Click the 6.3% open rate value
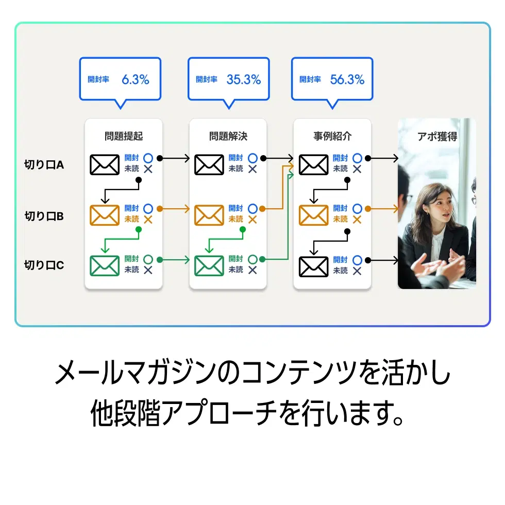(x=135, y=79)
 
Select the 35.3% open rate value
(x=243, y=79)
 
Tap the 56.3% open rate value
(x=347, y=79)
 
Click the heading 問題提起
(x=124, y=137)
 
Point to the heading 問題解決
(x=228, y=137)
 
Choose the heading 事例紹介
(x=332, y=137)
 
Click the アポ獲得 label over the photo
(x=437, y=137)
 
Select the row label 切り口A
(x=44, y=165)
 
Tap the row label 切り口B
(x=44, y=216)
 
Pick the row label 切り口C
(x=44, y=265)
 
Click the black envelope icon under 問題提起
(x=105, y=164)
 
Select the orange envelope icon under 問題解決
(x=209, y=215)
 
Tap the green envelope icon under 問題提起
(x=105, y=265)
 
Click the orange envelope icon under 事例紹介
(x=313, y=215)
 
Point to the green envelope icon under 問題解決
(x=209, y=265)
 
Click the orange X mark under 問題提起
(x=148, y=220)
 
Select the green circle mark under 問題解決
(x=252, y=259)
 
